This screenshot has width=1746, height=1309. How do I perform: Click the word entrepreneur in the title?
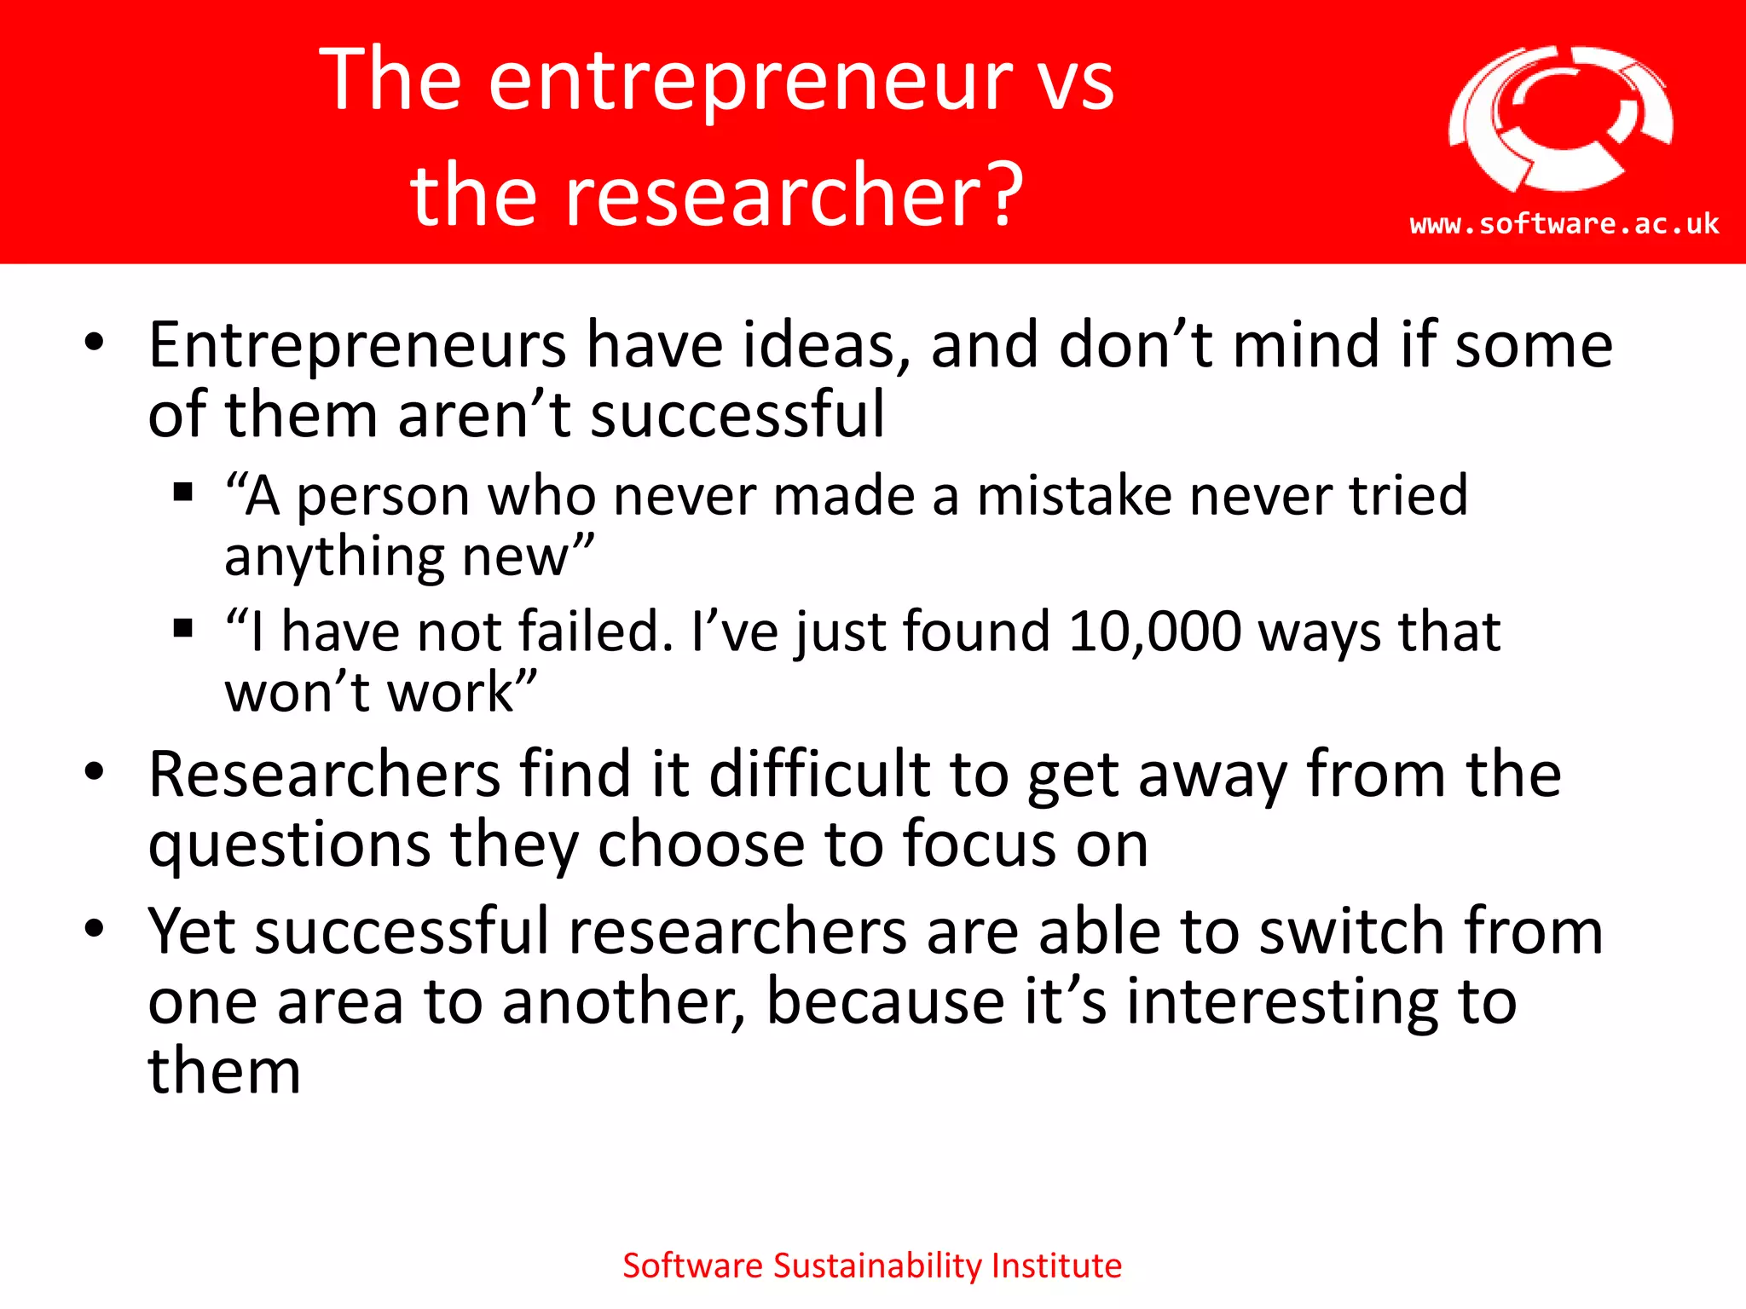click(x=749, y=81)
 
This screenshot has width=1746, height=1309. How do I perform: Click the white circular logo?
click(x=1560, y=119)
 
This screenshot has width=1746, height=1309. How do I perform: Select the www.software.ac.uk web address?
click(x=1564, y=224)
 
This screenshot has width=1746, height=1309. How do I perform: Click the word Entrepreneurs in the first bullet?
click(x=357, y=346)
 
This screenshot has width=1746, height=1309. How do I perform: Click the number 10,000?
click(x=1154, y=631)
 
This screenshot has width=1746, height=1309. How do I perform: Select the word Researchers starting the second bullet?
click(x=324, y=775)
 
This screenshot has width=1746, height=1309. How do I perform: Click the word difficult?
click(x=818, y=775)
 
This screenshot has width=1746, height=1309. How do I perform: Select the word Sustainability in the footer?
click(x=878, y=1266)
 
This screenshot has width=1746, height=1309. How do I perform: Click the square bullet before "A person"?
click(x=182, y=493)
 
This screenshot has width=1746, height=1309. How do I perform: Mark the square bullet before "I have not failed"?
click(x=182, y=629)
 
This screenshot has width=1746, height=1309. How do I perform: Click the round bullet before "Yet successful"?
click(x=95, y=928)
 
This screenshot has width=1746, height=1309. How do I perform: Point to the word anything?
click(x=333, y=558)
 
